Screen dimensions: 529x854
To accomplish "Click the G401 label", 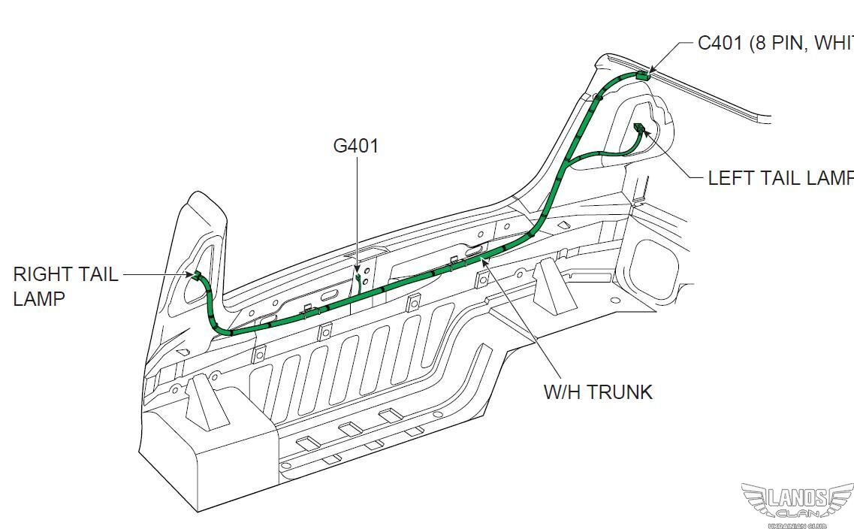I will pos(356,145).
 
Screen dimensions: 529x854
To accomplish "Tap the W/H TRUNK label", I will pos(598,391).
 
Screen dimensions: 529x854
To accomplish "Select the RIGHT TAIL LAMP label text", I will pos(65,286).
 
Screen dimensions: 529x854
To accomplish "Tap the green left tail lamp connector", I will pos(640,128).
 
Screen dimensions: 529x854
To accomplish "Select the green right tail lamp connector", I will pos(198,276).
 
